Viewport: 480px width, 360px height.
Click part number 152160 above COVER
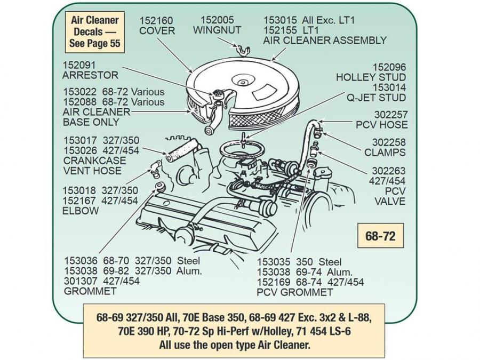coord(157,20)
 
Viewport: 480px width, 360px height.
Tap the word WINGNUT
coord(217,30)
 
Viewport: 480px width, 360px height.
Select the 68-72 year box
coord(380,236)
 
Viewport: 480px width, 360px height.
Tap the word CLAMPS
coord(385,153)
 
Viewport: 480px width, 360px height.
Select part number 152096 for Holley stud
coord(389,67)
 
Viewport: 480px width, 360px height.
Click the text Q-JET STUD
coord(377,98)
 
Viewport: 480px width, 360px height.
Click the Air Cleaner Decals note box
coord(95,33)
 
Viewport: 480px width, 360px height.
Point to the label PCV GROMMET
coord(295,292)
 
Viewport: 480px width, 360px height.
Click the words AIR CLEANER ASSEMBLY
coord(325,41)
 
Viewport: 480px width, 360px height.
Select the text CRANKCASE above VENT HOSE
coord(94,161)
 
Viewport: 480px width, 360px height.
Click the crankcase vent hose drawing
coord(180,150)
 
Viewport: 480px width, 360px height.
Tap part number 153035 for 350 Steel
coord(274,262)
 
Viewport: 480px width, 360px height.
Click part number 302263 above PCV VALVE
coord(389,171)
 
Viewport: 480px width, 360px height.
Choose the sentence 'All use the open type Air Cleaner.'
coord(234,345)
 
